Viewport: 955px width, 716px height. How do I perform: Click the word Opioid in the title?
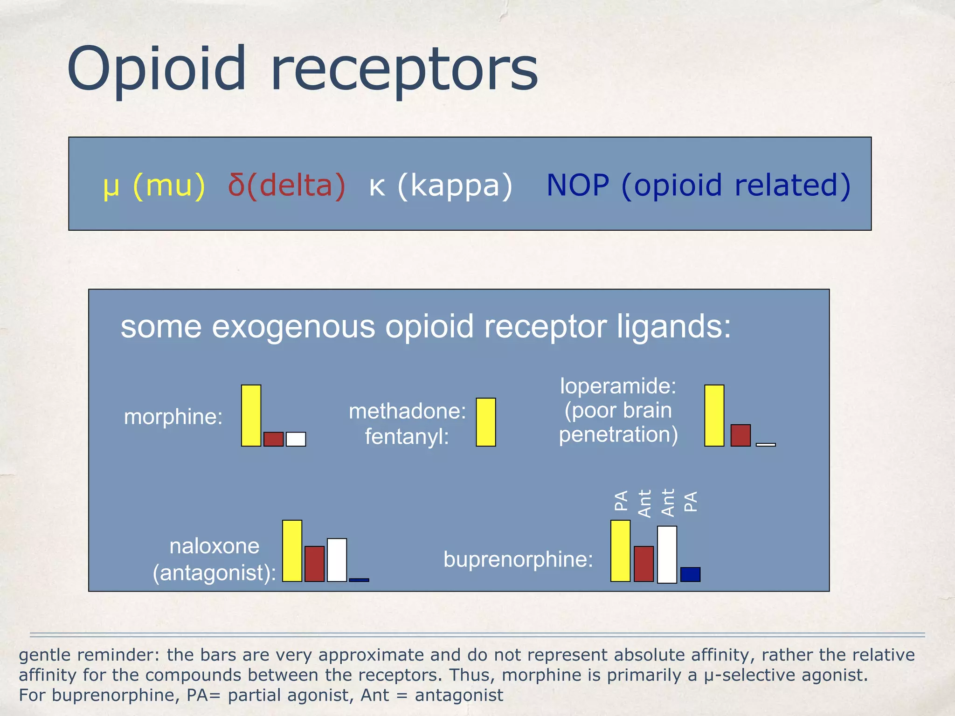pos(156,69)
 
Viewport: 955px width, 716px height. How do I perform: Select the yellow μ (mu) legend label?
pos(154,186)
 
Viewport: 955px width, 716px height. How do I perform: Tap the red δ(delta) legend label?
pos(287,186)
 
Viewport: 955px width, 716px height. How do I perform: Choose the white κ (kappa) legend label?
pos(441,186)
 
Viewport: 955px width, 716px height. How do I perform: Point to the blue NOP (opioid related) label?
pos(698,186)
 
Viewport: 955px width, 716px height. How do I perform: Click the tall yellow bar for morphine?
pos(251,415)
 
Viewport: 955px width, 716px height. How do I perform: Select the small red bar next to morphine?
pos(273,439)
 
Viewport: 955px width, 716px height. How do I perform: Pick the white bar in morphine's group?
pos(296,439)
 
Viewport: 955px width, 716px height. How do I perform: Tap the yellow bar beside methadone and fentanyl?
pos(485,422)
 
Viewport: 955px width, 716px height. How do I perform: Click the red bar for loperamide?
pos(740,435)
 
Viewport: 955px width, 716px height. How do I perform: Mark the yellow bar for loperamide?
pos(714,415)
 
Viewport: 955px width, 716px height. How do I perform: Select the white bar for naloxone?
pos(337,560)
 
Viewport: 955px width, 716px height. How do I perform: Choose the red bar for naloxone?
pos(314,564)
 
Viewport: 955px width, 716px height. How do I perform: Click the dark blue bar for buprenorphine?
pos(690,574)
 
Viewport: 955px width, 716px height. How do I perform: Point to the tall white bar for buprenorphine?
pos(667,554)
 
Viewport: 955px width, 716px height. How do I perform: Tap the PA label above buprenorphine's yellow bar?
pos(621,501)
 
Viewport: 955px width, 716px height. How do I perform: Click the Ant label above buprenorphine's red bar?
pos(644,503)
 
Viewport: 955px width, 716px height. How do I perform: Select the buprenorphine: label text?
pos(518,559)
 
